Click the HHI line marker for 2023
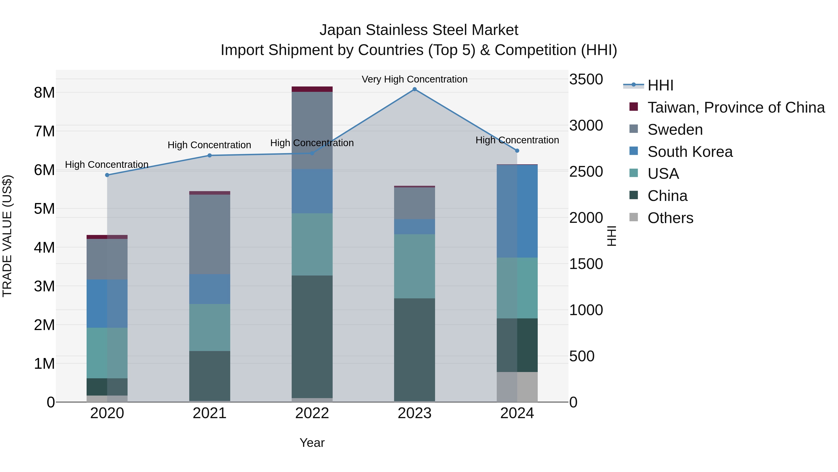(414, 89)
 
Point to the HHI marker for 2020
(107, 175)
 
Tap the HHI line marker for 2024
(517, 151)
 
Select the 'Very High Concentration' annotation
(414, 79)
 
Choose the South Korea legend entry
(690, 152)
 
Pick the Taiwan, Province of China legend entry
(736, 107)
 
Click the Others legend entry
(670, 218)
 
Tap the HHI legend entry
(660, 85)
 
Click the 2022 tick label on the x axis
(312, 413)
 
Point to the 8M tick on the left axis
(44, 93)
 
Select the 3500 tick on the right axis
(586, 79)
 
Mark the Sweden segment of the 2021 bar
(209, 234)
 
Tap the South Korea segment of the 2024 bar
(517, 211)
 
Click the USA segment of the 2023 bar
(414, 266)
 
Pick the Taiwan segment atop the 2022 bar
(312, 89)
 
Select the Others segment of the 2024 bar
(517, 387)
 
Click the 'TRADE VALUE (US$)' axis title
(7, 236)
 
